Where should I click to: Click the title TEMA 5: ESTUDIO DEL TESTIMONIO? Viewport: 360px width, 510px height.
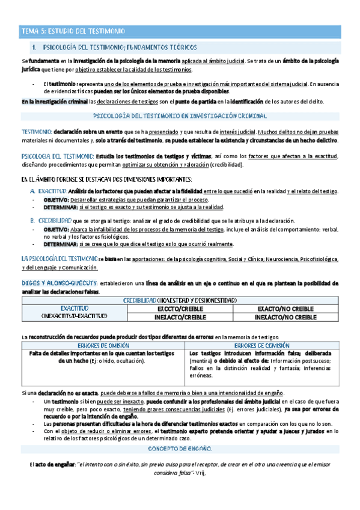[73, 30]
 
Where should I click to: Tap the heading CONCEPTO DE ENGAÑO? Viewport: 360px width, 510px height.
[180, 449]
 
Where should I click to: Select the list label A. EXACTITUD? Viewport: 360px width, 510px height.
[47, 191]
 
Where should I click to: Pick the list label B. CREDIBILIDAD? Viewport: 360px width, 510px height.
[50, 221]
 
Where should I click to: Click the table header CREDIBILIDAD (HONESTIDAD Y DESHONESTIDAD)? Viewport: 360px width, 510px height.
[180, 300]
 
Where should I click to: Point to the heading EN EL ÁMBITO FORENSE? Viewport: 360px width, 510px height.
[107, 179]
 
